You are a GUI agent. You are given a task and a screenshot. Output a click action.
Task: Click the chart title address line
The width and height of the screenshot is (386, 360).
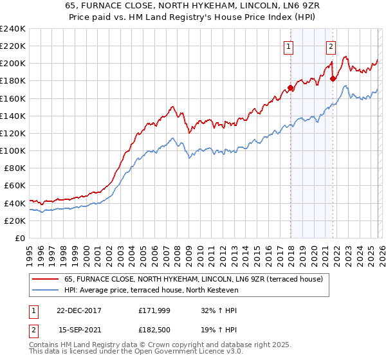[x=193, y=6]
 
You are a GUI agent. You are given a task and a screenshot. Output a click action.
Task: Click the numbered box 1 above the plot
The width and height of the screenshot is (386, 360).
[x=288, y=46]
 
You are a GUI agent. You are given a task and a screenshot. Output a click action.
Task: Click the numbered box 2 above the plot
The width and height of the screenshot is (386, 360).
[x=331, y=46]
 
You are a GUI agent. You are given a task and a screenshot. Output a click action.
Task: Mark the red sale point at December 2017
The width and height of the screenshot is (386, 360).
[x=291, y=87]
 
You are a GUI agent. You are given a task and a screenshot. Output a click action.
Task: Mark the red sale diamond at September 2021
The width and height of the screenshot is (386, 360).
[x=333, y=78]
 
